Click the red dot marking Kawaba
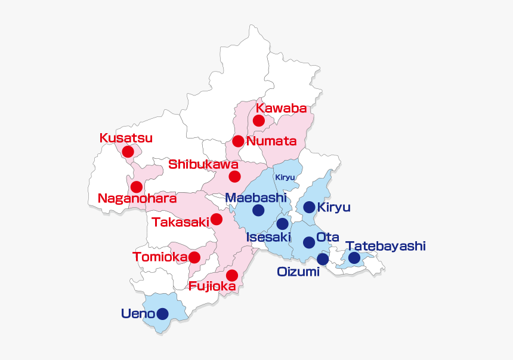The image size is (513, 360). coord(258,121)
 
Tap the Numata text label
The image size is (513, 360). coord(271,141)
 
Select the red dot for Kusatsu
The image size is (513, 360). coord(128,151)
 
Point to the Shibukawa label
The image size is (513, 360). coord(203,164)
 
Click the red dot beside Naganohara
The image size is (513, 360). coord(137,187)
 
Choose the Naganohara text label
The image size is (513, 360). coord(137,198)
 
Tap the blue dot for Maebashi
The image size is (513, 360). coord(258,210)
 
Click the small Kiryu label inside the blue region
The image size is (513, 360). coord(285,177)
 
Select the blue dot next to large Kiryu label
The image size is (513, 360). coord(309,207)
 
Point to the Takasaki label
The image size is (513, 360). coord(180,222)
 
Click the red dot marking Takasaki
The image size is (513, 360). coord(217,219)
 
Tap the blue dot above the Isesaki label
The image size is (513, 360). coord(282,224)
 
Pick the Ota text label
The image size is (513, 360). coord(327,237)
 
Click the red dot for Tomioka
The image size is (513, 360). coord(194,257)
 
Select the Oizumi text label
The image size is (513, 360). coord(298,272)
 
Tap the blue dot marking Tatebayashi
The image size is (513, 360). coord(354,258)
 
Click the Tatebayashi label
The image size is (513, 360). coord(385,246)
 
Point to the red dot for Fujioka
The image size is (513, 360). coord(232,275)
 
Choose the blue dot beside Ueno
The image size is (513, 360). coord(162,313)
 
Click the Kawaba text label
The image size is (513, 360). coord(281,108)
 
